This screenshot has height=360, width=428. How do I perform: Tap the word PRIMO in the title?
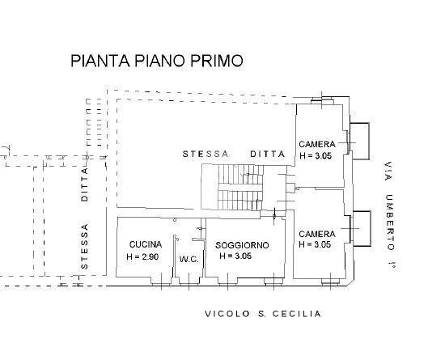tap(214, 61)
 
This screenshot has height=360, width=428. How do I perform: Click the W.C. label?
tap(189, 260)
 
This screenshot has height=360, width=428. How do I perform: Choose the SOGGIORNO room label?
tap(242, 245)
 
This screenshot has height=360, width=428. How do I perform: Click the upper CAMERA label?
tap(317, 144)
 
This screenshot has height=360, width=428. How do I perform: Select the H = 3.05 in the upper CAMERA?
tap(316, 155)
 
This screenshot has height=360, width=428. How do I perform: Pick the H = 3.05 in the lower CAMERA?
tap(315, 244)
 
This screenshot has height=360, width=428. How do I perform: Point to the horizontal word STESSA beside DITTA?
tap(206, 154)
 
